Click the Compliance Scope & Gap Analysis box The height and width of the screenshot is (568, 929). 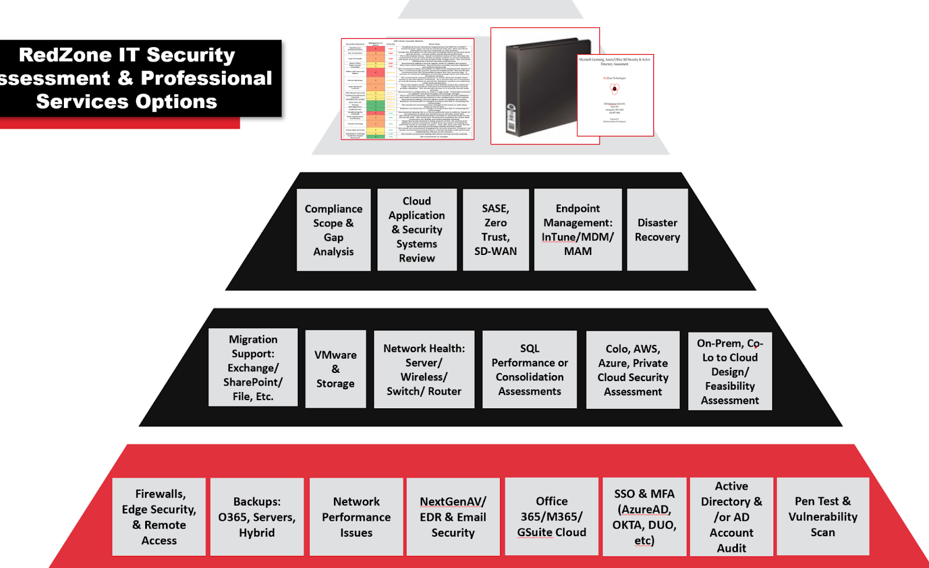(333, 230)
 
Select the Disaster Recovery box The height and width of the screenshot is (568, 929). (657, 230)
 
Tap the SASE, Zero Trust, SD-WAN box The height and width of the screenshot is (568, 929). (495, 230)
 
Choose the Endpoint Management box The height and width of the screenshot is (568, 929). (578, 230)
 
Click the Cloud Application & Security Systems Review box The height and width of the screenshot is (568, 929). (417, 230)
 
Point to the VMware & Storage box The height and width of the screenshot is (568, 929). (336, 369)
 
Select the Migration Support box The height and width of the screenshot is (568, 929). (253, 368)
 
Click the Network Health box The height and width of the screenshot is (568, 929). (424, 370)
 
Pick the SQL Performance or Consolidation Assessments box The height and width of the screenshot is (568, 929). (530, 370)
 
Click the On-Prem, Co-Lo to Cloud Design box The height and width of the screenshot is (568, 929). (730, 372)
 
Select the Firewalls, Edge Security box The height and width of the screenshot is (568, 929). (159, 517)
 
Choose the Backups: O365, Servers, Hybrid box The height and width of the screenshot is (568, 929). (257, 517)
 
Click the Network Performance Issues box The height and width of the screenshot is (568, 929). (357, 517)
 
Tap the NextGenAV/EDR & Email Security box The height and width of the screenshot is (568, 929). (453, 517)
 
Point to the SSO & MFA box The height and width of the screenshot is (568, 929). (644, 517)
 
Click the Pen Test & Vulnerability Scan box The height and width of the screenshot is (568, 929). (823, 517)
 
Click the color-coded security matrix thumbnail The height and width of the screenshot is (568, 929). (408, 89)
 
